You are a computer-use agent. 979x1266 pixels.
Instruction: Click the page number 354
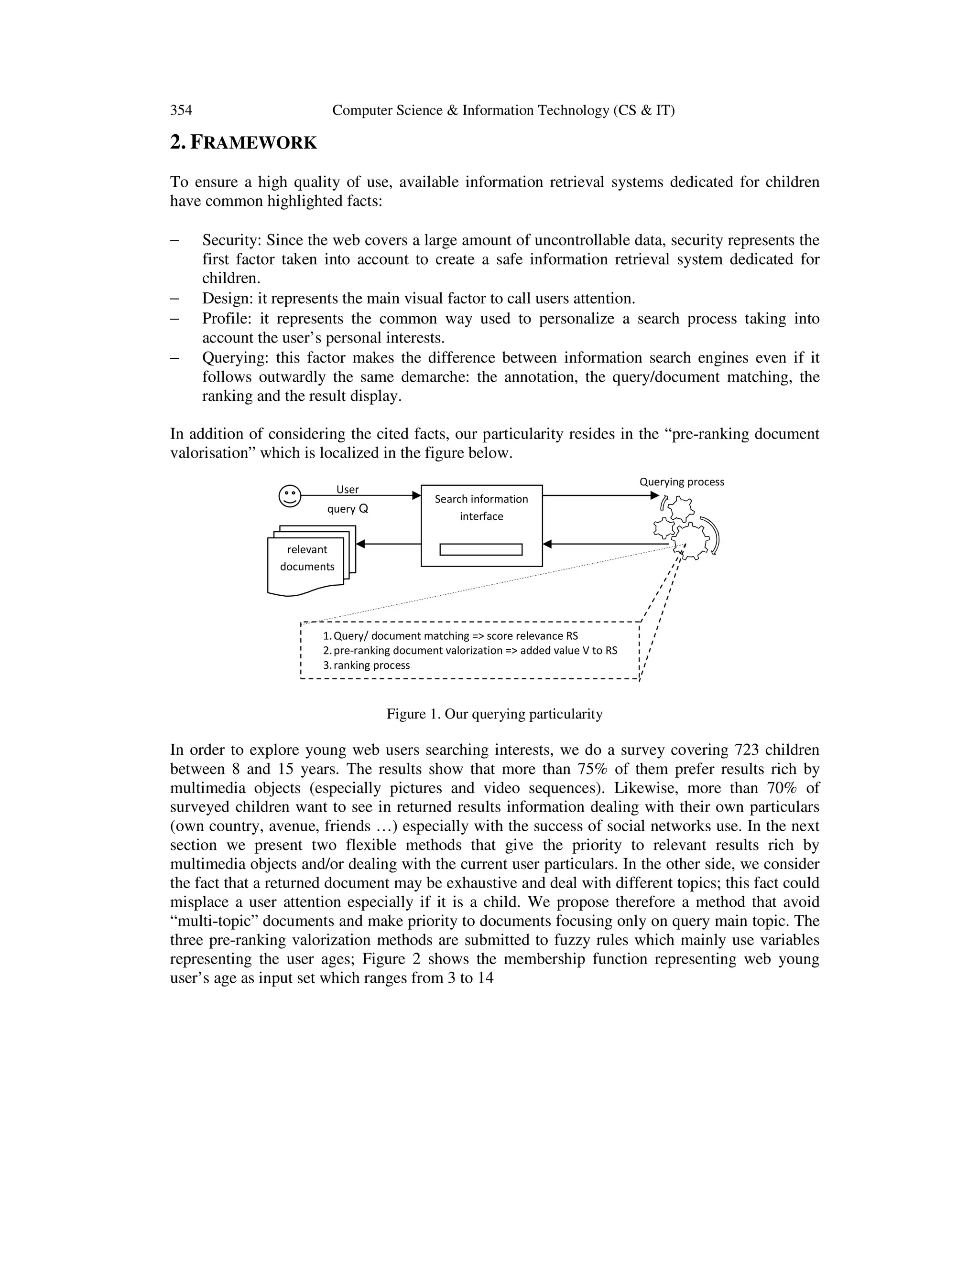tap(181, 110)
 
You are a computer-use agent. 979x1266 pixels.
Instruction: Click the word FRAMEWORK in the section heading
tap(253, 142)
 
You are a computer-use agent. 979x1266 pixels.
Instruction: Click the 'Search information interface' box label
tap(481, 507)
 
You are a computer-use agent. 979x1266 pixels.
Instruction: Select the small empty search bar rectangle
tap(481, 549)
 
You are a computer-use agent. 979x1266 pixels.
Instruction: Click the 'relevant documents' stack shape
tap(307, 559)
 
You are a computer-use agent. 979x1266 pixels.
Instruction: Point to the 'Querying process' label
tap(682, 482)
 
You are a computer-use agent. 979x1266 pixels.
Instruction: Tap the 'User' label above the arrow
tap(348, 489)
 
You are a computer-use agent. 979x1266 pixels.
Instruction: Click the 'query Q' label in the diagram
tap(348, 509)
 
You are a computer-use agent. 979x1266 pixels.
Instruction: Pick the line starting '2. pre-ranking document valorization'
tap(470, 650)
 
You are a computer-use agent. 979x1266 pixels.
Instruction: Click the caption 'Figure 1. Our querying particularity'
tap(494, 714)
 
